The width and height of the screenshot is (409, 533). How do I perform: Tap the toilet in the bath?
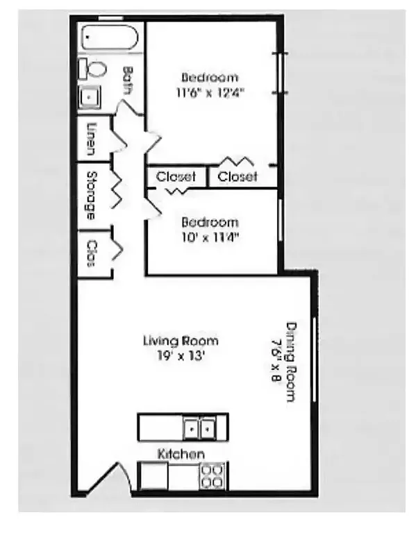[x=94, y=69]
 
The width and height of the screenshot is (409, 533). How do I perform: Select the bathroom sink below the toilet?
[x=90, y=97]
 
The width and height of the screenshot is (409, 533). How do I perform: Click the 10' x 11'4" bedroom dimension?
[x=210, y=237]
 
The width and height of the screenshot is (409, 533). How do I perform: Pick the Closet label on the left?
[x=176, y=177]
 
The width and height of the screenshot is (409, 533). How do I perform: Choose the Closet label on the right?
[x=237, y=177]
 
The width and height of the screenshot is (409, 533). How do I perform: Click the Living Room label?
[x=181, y=341]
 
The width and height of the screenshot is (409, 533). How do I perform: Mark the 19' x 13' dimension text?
[x=181, y=355]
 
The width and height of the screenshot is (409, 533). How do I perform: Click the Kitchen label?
[x=181, y=454]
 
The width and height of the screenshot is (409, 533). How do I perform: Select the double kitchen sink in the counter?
[x=200, y=429]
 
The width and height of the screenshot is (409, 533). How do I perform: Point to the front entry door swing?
[x=111, y=479]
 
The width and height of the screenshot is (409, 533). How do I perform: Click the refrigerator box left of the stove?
[x=153, y=476]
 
